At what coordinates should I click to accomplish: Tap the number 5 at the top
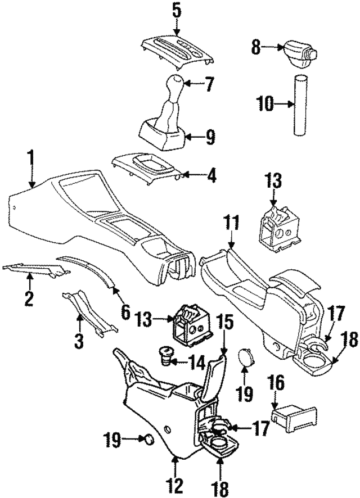[176, 10]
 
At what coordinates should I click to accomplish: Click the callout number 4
[211, 176]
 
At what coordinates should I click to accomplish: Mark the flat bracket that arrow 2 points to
[34, 270]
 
